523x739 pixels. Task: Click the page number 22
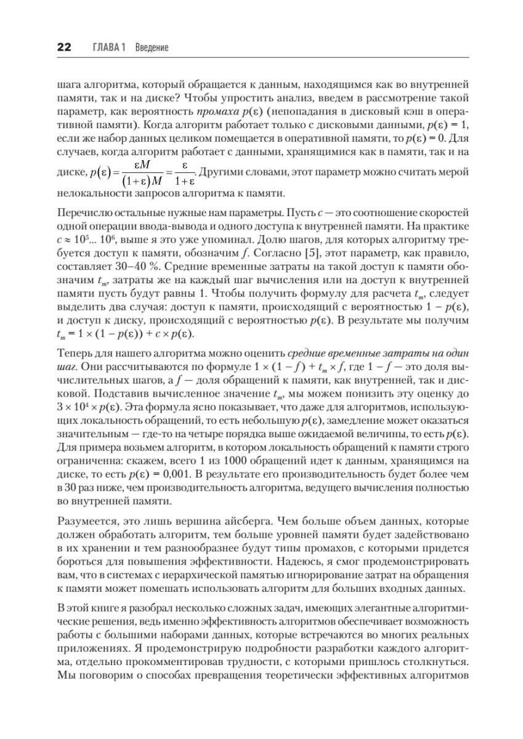coord(64,47)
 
